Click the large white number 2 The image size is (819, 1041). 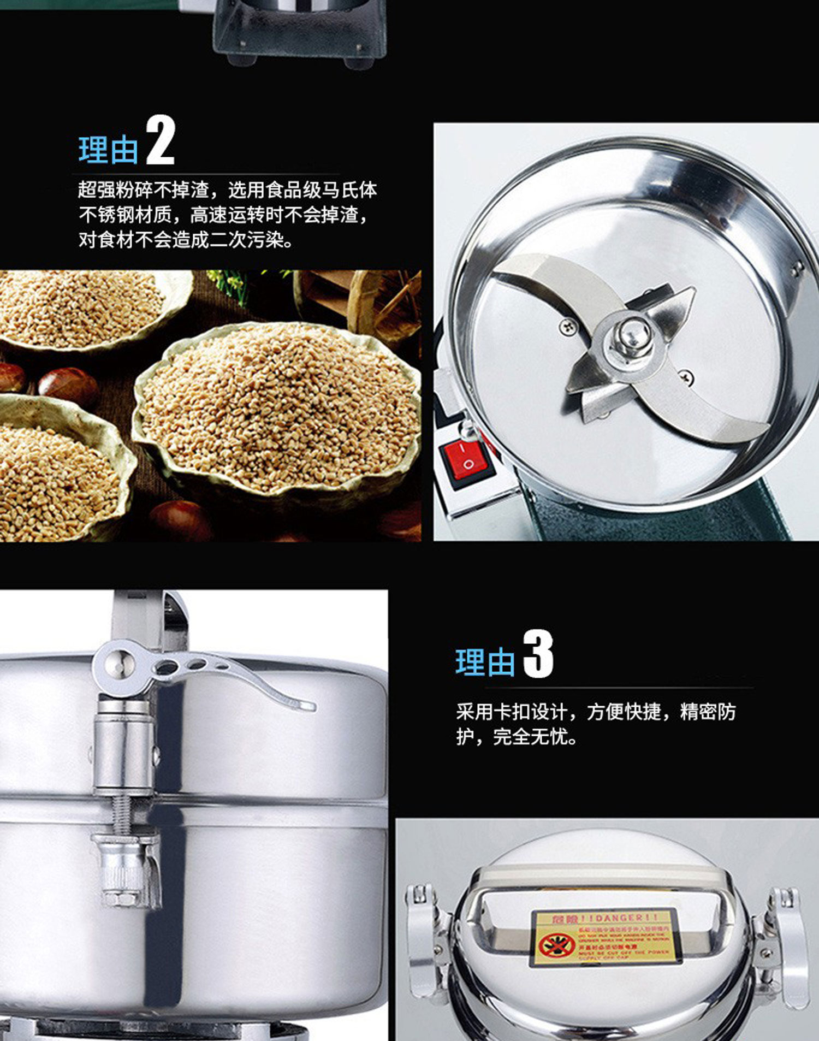(160, 141)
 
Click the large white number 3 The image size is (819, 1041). (538, 654)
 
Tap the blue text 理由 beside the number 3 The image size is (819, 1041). (485, 663)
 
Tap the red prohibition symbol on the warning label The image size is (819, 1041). (556, 944)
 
